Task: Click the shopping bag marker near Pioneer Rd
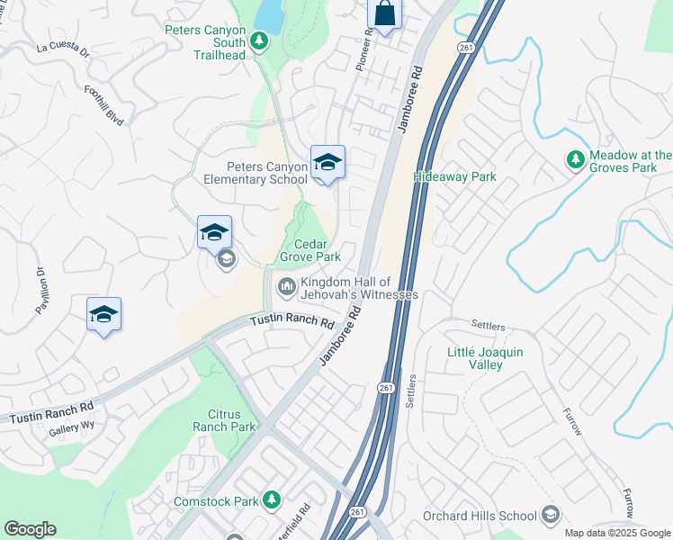[x=384, y=14]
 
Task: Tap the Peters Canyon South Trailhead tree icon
[x=259, y=40]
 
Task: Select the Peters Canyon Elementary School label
[x=255, y=173]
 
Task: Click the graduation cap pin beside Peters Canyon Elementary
[x=328, y=163]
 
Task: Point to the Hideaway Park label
[x=454, y=177]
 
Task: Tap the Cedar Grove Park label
[x=310, y=250]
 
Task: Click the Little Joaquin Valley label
[x=485, y=358]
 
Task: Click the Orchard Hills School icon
[x=551, y=516]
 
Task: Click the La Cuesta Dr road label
[x=63, y=50]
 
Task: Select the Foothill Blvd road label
[x=103, y=103]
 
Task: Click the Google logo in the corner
[x=30, y=529]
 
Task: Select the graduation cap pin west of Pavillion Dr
[x=103, y=315]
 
